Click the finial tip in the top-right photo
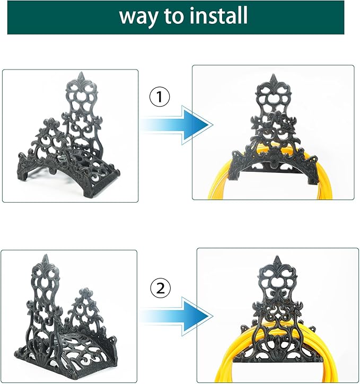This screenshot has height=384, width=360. (x=274, y=77)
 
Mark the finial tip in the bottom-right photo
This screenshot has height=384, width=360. (x=277, y=259)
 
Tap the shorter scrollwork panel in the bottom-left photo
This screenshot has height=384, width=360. (x=86, y=313)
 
